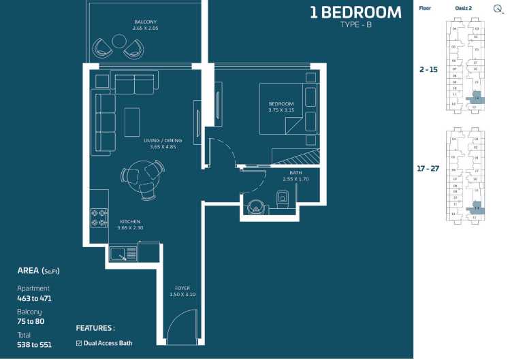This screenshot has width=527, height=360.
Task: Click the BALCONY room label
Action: click(144, 22)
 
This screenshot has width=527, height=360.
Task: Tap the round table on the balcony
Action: click(119, 42)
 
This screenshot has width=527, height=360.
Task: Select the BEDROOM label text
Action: click(281, 103)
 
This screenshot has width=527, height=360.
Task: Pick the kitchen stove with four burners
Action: click(99, 218)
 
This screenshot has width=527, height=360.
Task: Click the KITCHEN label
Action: click(130, 222)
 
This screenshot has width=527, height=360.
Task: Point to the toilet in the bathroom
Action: click(284, 199)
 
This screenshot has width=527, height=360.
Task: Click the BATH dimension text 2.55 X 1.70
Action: click(296, 179)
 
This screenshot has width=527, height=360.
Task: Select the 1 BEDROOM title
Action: click(355, 12)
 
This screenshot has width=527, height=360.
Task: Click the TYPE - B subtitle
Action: click(356, 25)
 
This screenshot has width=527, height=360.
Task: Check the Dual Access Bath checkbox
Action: click(79, 343)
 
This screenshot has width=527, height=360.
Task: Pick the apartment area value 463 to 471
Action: click(34, 298)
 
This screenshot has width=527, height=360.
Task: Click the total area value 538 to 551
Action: click(34, 344)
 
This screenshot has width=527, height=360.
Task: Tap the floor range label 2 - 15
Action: click(428, 69)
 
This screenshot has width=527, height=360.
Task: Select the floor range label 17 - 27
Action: click(430, 168)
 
